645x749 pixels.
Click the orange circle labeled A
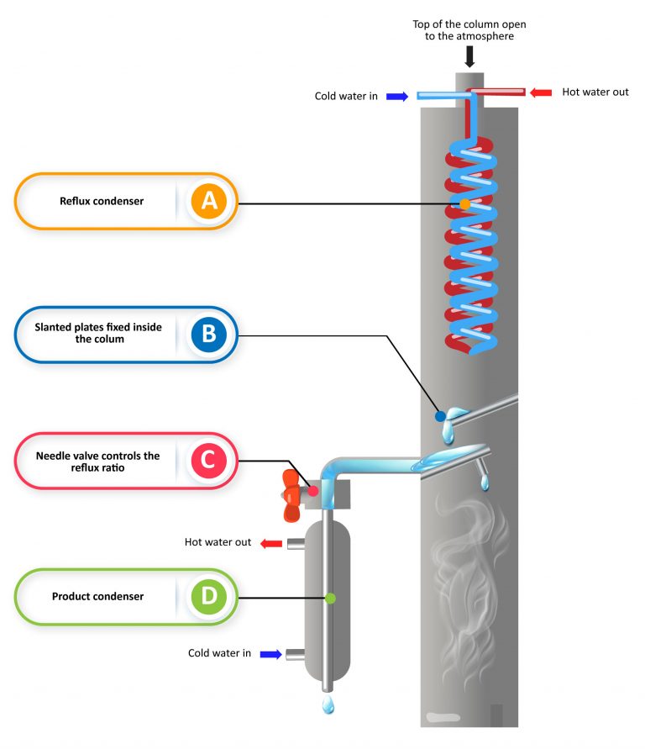[208, 201]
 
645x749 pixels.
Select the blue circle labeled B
[208, 334]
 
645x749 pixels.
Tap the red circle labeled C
[208, 460]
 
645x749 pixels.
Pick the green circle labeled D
[208, 597]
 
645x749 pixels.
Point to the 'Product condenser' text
[97, 597]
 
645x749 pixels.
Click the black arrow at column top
[470, 56]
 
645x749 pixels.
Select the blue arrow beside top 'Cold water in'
[397, 96]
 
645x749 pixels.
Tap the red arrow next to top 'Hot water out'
[541, 92]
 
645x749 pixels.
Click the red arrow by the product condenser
[270, 543]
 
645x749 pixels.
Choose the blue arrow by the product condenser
[270, 653]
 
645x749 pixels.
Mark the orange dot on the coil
[464, 204]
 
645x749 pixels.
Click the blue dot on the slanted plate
[439, 416]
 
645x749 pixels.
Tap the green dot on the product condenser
[330, 599]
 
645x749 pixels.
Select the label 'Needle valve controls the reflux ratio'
[97, 461]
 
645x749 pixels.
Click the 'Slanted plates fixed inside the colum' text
[99, 334]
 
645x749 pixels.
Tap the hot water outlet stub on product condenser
[296, 544]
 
